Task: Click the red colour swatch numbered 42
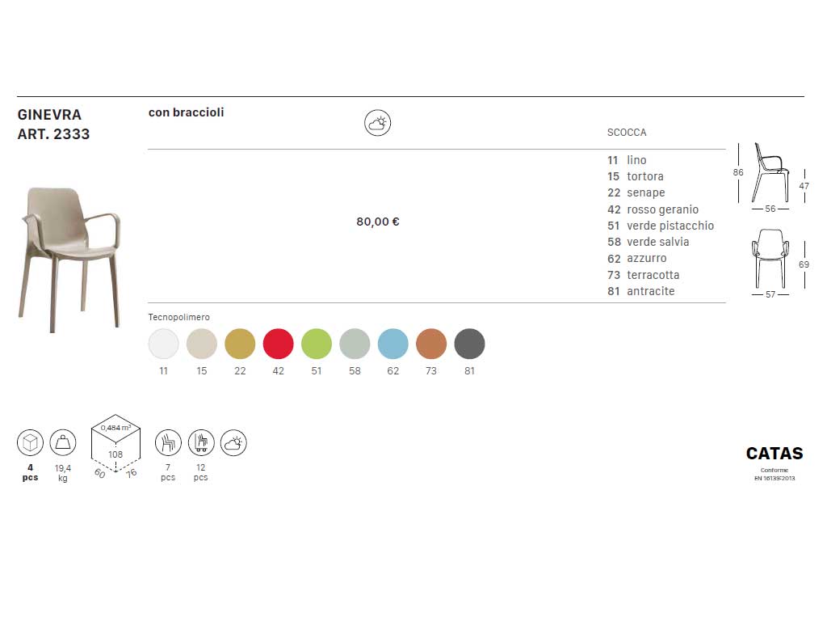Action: point(278,344)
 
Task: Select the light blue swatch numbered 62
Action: point(393,344)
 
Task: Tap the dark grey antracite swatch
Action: point(469,344)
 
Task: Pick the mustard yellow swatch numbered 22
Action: point(240,344)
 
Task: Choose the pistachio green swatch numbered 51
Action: point(317,344)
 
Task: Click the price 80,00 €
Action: point(378,222)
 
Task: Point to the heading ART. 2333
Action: point(53,134)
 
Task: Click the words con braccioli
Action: point(187,112)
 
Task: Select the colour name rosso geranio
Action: point(662,209)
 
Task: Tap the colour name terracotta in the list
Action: point(653,275)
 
